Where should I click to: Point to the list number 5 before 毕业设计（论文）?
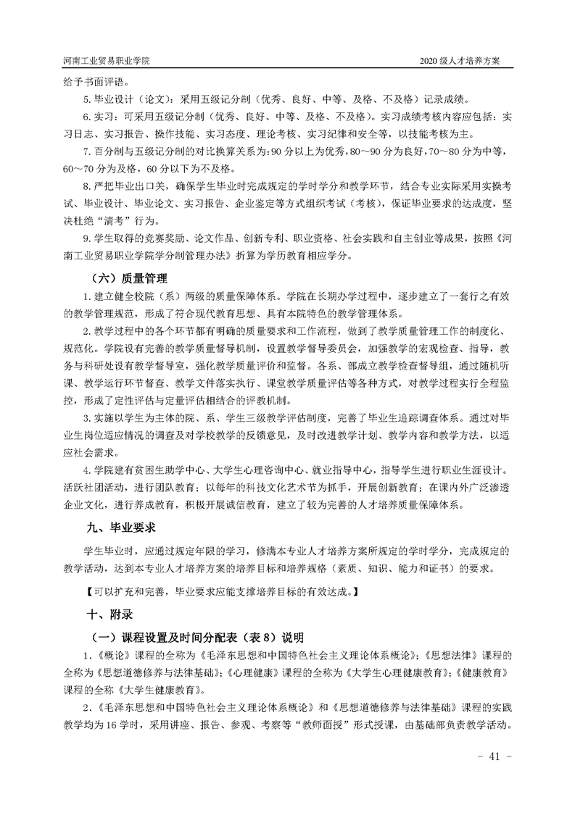[x=86, y=99]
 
